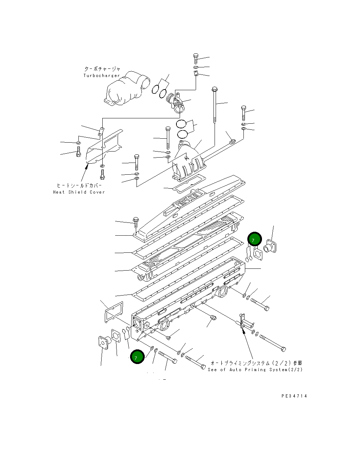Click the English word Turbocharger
click(x=102, y=76)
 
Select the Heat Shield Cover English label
click(x=79, y=192)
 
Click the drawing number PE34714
click(x=294, y=396)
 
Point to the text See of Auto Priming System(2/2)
click(x=255, y=370)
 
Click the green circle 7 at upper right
click(x=254, y=240)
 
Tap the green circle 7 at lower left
click(x=137, y=357)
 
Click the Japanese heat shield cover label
click(x=79, y=186)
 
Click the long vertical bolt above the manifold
click(x=215, y=105)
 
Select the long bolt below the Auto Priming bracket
click(x=273, y=342)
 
